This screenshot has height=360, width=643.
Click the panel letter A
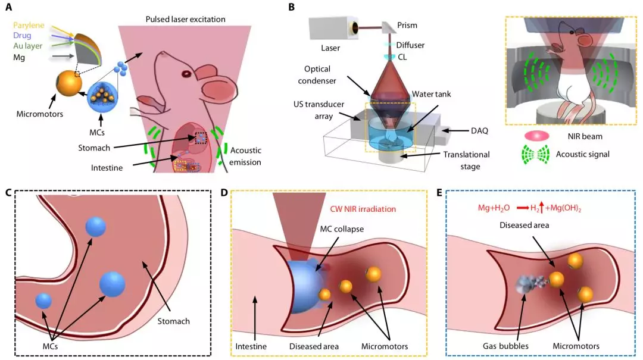(x=8, y=7)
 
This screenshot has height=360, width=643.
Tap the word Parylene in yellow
(x=29, y=26)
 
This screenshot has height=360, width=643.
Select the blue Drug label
(x=22, y=36)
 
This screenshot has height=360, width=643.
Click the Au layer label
(x=28, y=46)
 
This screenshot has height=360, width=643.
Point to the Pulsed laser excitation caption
(x=185, y=19)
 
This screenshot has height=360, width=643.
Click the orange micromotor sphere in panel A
(x=69, y=83)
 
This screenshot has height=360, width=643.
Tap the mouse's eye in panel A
(x=186, y=74)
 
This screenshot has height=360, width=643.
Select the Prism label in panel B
(x=407, y=26)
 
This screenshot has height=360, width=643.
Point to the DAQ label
(x=479, y=131)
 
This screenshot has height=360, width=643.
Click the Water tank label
(x=432, y=94)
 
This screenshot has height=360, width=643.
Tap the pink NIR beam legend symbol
(x=536, y=136)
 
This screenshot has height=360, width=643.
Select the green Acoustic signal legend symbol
(x=536, y=155)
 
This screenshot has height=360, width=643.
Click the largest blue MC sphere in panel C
(x=112, y=284)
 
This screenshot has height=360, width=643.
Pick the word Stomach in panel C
(x=173, y=321)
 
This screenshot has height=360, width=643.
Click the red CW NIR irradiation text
(x=363, y=209)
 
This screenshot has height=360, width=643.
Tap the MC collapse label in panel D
(x=342, y=229)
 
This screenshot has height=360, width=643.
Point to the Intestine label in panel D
(x=251, y=346)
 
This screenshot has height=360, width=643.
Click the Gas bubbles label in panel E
(x=505, y=346)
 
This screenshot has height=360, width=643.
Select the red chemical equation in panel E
(x=530, y=208)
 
